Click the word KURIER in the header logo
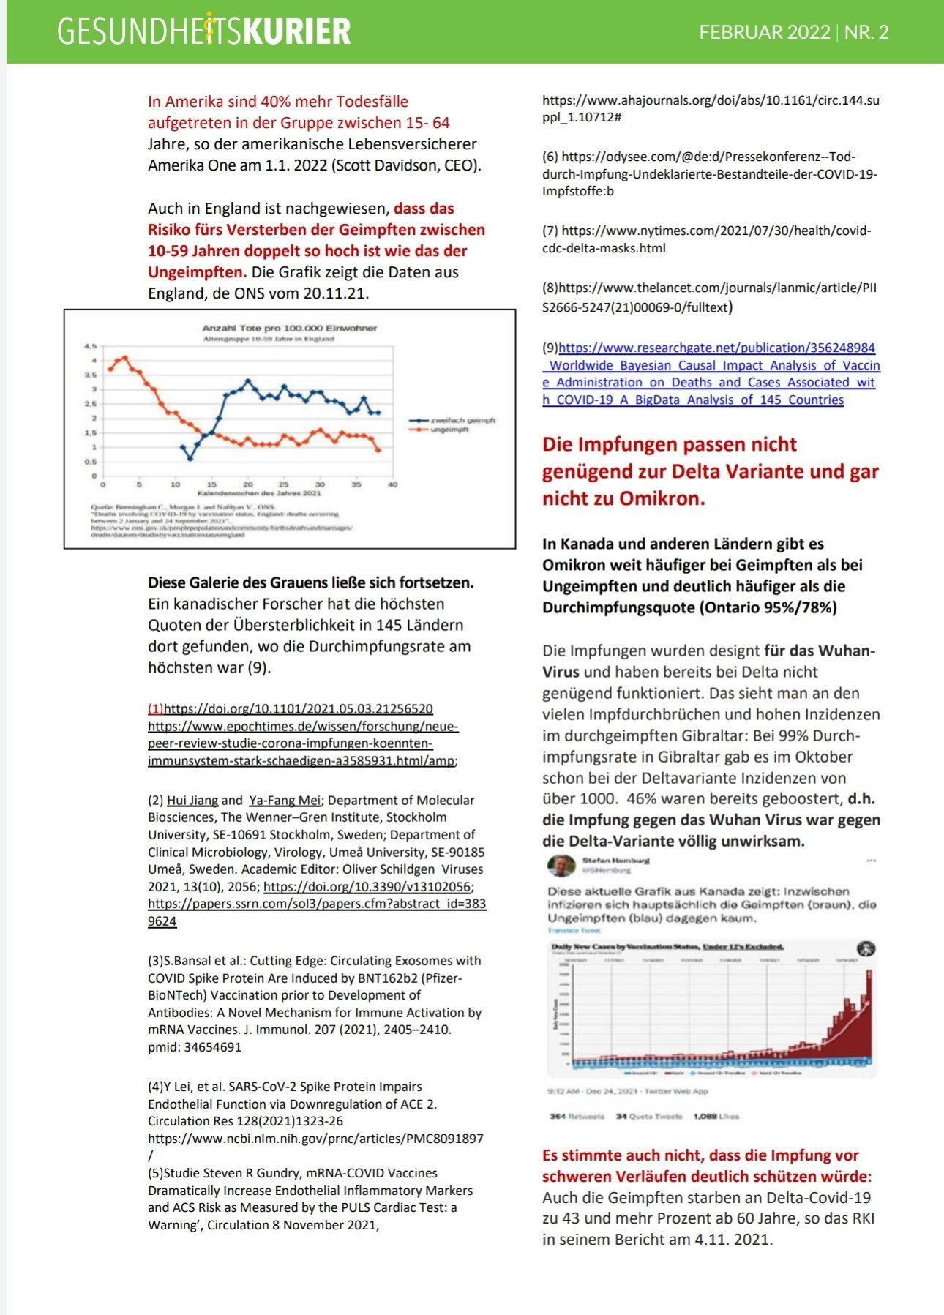pos(296,32)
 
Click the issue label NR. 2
pos(866,32)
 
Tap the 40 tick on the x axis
pos(392,484)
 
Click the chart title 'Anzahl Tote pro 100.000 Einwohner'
pos(289,329)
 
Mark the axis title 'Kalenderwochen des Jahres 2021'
pos(249,494)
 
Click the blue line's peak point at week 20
pos(248,381)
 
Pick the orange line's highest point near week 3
pos(125,358)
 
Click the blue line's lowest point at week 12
pos(190,459)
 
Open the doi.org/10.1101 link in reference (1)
pos(298,708)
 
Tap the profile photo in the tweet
pos(561,865)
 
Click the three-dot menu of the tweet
pos(871,861)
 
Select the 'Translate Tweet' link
pos(574,930)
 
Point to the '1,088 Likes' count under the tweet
pos(716,1116)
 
